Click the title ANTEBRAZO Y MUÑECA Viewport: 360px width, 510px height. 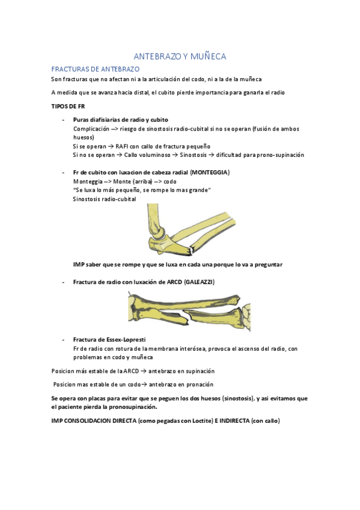(180, 57)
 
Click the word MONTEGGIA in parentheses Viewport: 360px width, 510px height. (210, 173)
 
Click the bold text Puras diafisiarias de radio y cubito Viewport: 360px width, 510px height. (121, 120)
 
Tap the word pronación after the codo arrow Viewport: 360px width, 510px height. (195, 384)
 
